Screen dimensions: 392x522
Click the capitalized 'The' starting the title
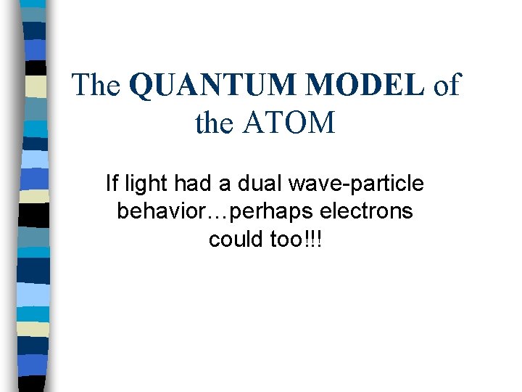[x=96, y=86]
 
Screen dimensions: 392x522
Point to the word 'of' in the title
[x=446, y=86]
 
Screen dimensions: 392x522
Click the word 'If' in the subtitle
[x=111, y=184]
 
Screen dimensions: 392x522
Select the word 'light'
[x=143, y=184]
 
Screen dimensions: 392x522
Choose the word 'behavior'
[x=162, y=211]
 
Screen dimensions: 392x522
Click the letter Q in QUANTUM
[x=139, y=86]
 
